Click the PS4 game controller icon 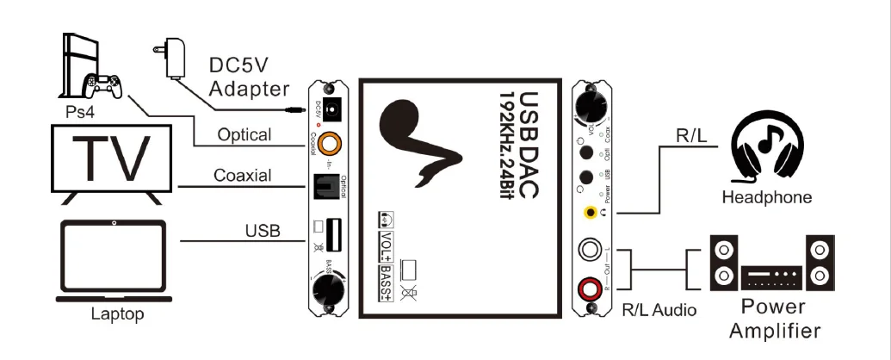coord(102,84)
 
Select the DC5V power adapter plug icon coord(170,54)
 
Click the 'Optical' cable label coord(244,135)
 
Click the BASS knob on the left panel coord(329,286)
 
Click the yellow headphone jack coord(590,212)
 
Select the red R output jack coord(591,286)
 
